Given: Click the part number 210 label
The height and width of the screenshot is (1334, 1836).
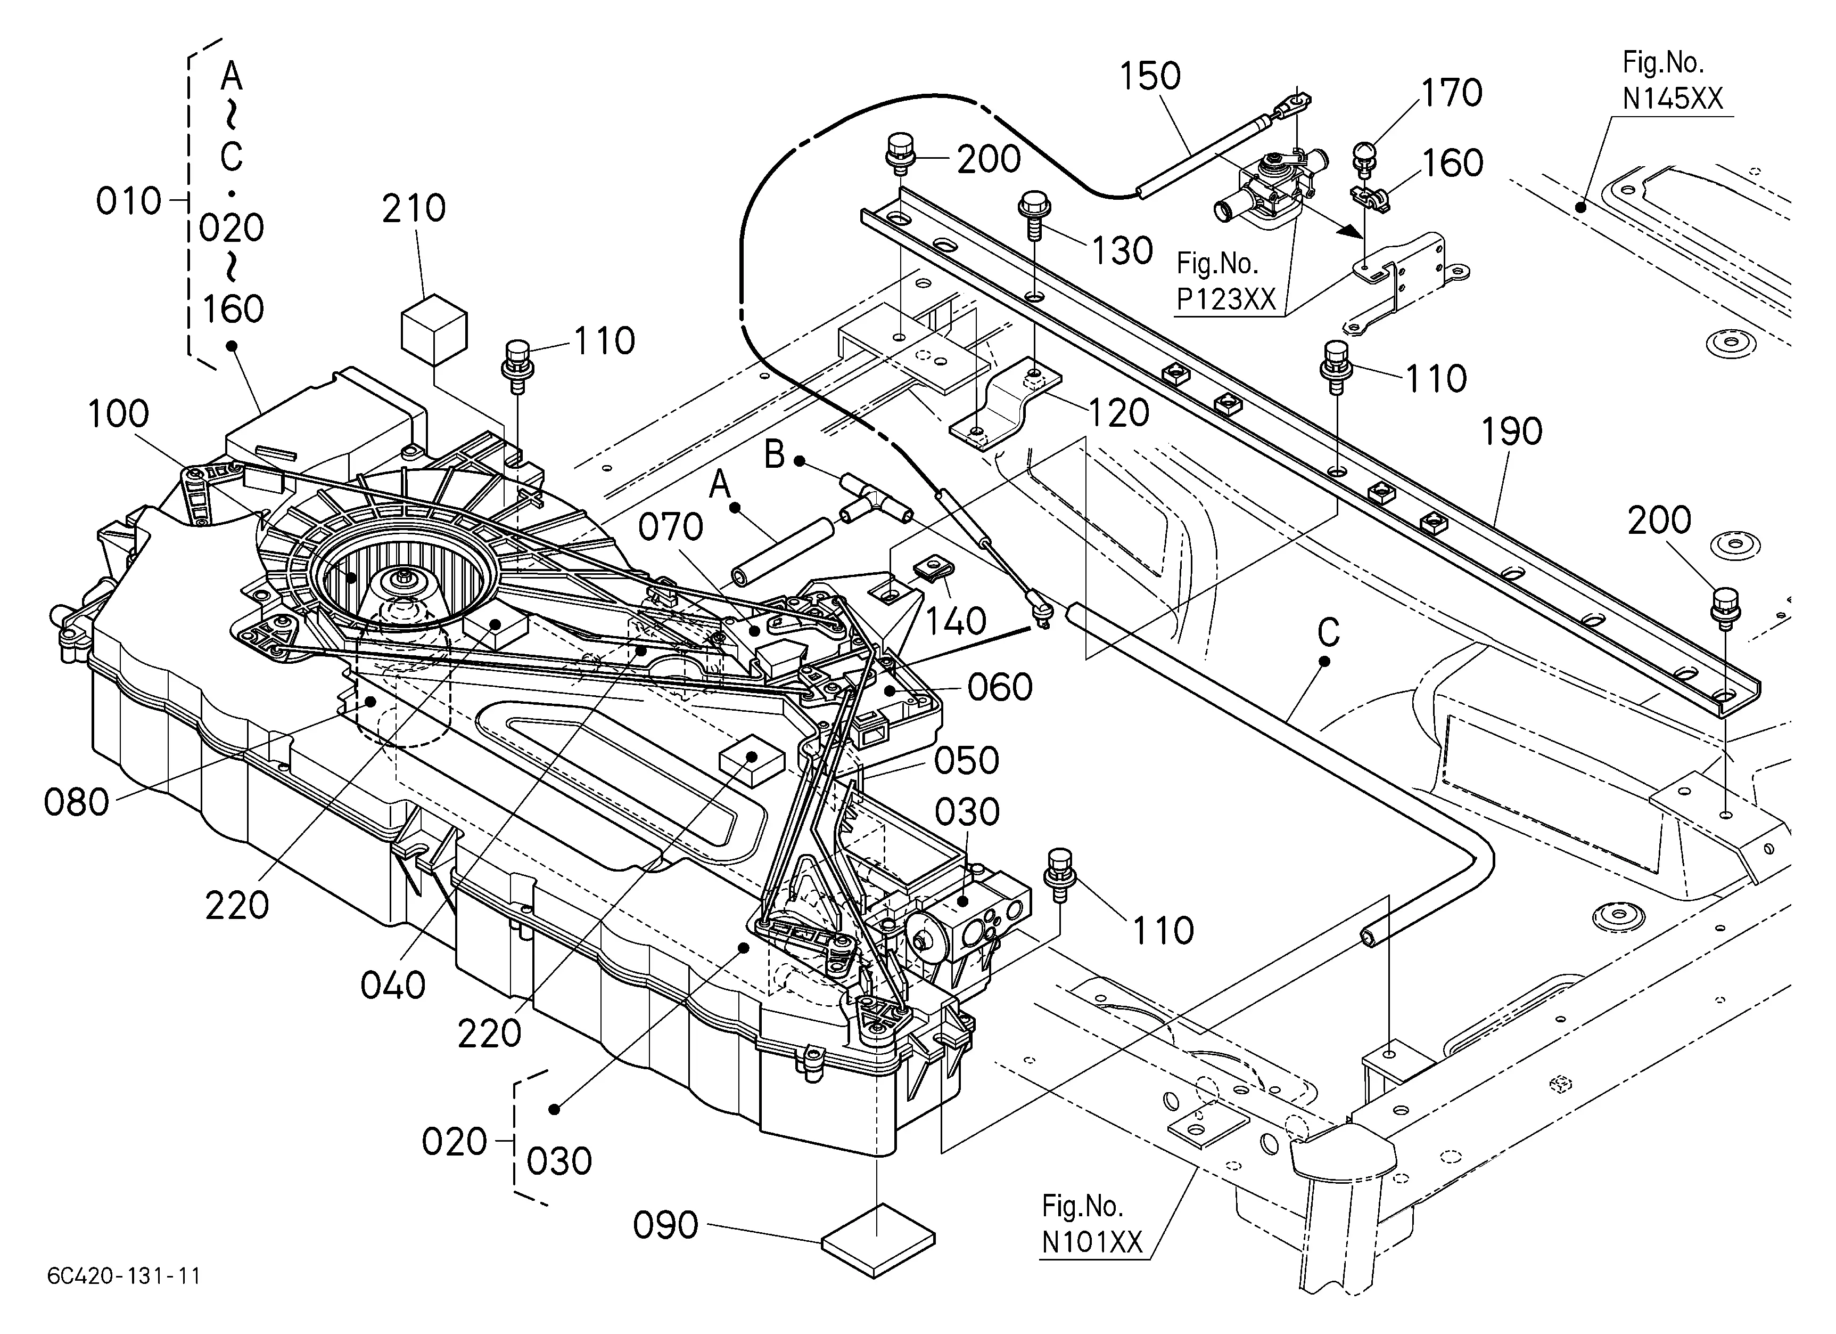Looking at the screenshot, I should (414, 209).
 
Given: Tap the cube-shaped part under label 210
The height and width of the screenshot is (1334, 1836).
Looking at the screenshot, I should (434, 328).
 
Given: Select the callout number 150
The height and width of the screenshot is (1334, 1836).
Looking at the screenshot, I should (1149, 77).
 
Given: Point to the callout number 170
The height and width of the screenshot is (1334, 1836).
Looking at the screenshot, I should (1452, 94).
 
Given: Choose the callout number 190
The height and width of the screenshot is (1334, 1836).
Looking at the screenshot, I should (1511, 432).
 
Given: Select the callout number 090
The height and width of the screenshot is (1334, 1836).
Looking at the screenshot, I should (665, 1225).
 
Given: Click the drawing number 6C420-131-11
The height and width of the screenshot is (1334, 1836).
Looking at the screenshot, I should (124, 1276).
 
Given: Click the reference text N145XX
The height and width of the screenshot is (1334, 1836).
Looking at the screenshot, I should (1673, 99).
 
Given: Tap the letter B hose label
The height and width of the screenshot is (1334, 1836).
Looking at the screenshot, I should (775, 454).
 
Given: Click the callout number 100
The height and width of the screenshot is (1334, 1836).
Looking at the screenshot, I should (118, 414).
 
